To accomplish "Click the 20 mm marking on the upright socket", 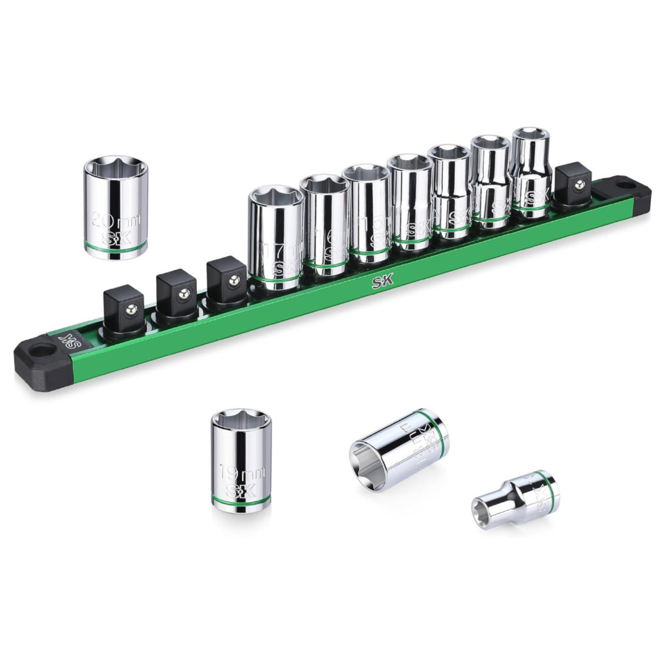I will point(116,219).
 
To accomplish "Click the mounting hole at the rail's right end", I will point(623,186).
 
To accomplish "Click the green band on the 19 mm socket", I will point(240,501).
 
